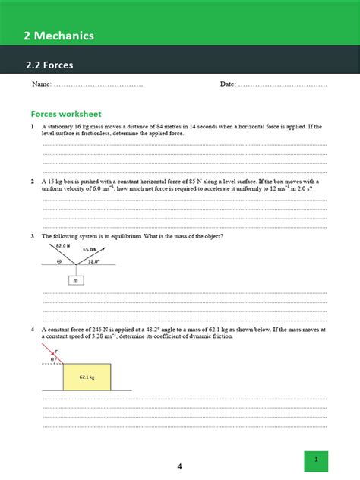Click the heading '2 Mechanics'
[58, 35]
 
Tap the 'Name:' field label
[41, 84]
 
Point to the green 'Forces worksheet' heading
[66, 113]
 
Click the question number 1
[33, 126]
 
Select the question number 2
[33, 182]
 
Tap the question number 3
[33, 236]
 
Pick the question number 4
[33, 330]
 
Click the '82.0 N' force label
[63, 246]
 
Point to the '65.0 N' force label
[90, 249]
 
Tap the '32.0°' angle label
[93, 261]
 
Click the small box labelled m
[76, 280]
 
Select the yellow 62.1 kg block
[87, 376]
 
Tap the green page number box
[316, 460]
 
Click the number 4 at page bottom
[179, 466]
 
